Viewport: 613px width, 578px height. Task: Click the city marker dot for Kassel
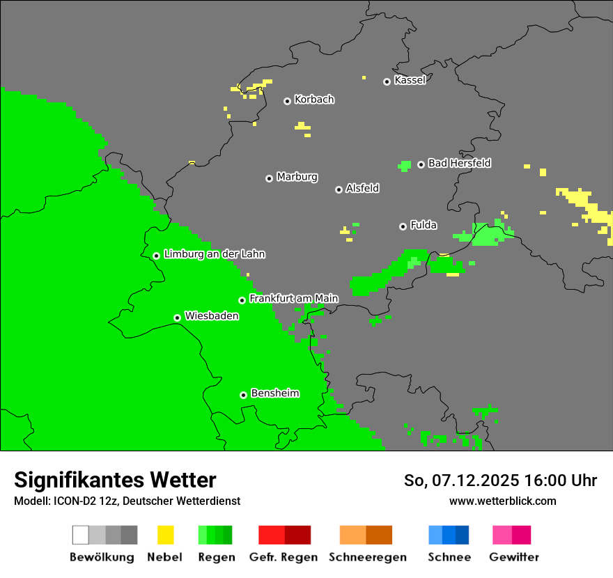[387, 81]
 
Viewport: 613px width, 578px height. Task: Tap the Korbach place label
[314, 100]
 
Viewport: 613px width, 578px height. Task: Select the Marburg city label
[297, 177]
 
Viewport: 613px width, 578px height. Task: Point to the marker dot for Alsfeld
[339, 189]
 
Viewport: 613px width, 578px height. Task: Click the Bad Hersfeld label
[459, 163]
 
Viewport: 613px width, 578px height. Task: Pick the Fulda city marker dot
[403, 226]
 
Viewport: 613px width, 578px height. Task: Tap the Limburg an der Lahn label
[215, 254]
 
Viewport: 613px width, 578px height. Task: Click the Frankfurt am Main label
[293, 299]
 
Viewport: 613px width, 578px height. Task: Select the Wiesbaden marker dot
[178, 318]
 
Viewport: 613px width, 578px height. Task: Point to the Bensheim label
[274, 393]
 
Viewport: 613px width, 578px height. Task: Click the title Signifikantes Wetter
[115, 480]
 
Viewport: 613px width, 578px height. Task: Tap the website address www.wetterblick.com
[502, 501]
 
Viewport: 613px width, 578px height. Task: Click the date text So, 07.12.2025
[460, 481]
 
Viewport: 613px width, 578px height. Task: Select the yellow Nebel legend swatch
[165, 535]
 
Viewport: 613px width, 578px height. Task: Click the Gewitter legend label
[513, 557]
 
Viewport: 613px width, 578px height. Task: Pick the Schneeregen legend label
[366, 557]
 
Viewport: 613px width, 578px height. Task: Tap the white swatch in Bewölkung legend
[81, 535]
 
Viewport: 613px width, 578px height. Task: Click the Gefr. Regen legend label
[284, 557]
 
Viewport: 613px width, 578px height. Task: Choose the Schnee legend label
[449, 557]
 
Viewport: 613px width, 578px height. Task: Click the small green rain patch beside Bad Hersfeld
[405, 166]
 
